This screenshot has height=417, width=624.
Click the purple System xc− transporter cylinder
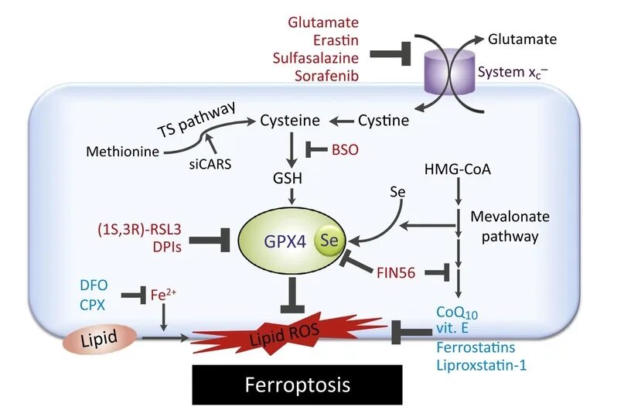449,72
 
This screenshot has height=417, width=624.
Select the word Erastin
336,40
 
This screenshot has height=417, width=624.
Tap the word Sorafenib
327,76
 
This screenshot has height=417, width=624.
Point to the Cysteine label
290,121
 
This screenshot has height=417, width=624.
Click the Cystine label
384,121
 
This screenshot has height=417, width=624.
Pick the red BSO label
345,150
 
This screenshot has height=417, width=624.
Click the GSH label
288,178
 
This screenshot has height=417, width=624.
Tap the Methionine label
123,152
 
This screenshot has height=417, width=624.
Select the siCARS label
210,164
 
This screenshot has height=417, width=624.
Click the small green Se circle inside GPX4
329,240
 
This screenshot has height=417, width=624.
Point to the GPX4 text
285,241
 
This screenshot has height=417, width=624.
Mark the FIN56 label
396,273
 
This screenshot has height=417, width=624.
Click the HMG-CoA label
458,169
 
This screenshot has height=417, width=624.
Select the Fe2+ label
163,295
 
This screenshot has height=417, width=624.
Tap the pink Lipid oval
100,339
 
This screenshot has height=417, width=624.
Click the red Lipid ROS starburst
288,333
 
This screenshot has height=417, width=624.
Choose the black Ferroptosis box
297,385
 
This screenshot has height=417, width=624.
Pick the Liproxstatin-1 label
482,365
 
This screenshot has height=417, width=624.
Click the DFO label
94,285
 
